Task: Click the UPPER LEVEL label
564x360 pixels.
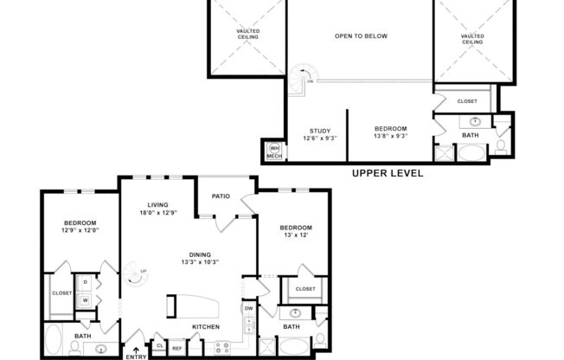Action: tap(388, 173)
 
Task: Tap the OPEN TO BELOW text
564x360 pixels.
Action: tap(361, 35)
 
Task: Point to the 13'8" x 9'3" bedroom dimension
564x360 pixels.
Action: tap(390, 136)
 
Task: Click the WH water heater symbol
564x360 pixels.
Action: tap(274, 148)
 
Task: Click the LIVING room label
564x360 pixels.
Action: tap(157, 204)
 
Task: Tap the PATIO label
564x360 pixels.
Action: tap(221, 196)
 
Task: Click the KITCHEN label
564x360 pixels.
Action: tap(205, 326)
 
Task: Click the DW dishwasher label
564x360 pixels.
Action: tap(248, 307)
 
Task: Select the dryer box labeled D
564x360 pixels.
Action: tap(87, 283)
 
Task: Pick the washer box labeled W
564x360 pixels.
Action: tap(87, 299)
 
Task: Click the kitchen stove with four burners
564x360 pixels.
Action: tap(220, 348)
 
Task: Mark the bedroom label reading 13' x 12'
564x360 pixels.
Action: tap(294, 235)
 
